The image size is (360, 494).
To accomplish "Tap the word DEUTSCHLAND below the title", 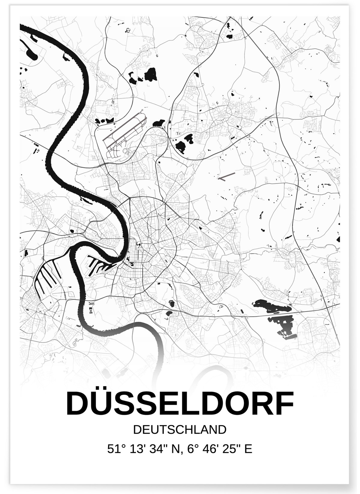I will click(180, 430).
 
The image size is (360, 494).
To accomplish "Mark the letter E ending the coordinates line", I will click(248, 449).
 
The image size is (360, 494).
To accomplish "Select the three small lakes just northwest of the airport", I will click(103, 121).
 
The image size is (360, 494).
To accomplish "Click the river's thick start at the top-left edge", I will click(25, 28).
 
